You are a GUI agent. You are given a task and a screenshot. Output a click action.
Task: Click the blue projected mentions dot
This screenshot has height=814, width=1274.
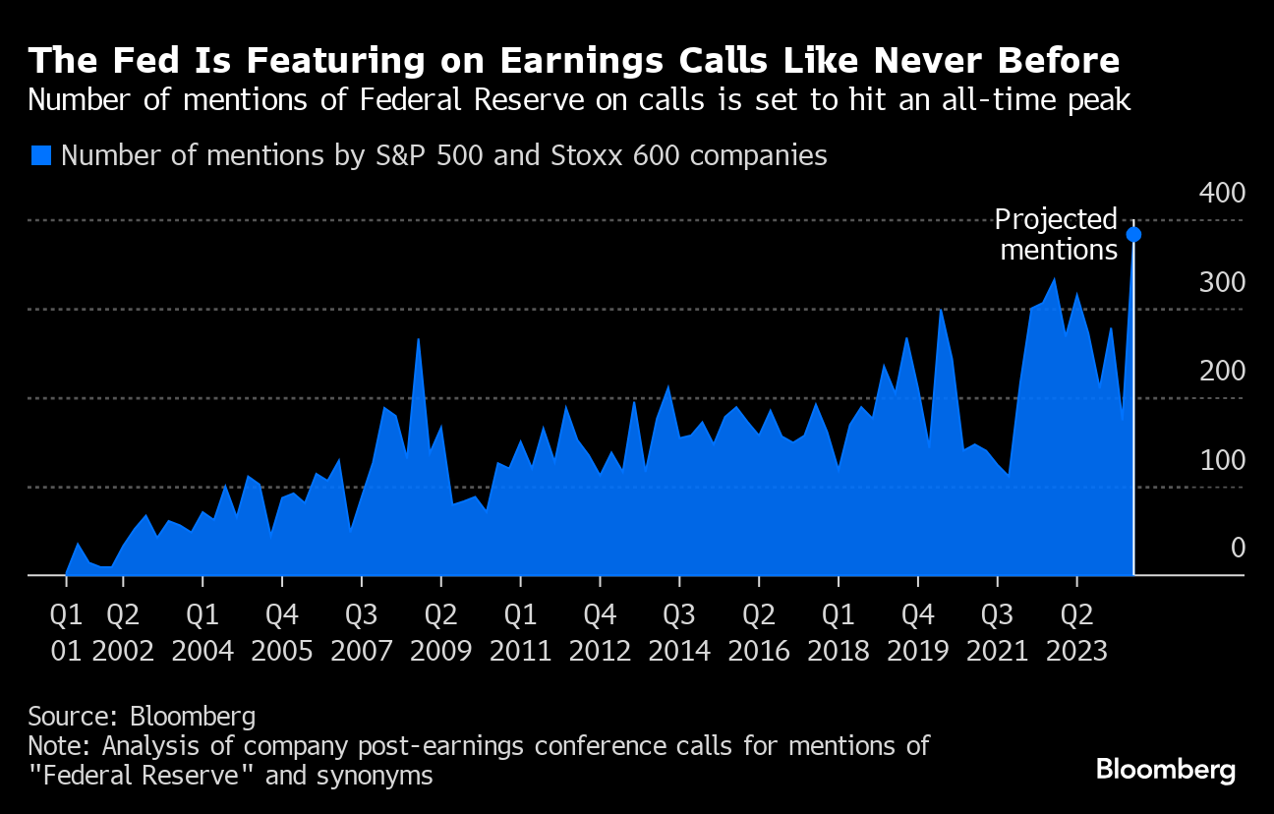point(1133,234)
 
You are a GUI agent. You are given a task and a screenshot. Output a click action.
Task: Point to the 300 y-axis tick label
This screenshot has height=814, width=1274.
point(1222,282)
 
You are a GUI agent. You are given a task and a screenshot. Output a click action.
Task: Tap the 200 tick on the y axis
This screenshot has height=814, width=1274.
point(1222,371)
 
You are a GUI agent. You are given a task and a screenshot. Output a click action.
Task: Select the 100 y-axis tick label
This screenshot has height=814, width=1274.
point(1222,460)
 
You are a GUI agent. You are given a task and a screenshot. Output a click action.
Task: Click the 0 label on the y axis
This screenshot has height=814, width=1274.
point(1238,548)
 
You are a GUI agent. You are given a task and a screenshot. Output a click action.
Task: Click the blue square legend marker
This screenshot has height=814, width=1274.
point(40,155)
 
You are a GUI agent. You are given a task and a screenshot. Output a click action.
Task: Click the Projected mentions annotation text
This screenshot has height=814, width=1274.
point(1058,235)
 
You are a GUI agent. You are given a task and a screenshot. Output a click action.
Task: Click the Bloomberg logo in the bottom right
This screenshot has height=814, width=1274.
point(1166,769)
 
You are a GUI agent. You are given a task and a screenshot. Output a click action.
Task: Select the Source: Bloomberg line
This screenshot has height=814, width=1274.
point(142,715)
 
